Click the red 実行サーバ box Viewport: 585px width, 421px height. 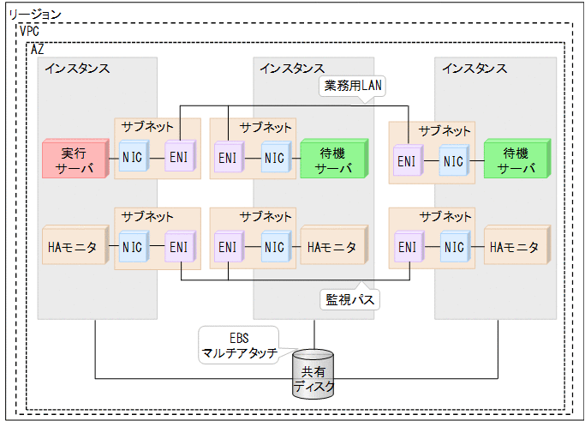pyautogui.click(x=73, y=159)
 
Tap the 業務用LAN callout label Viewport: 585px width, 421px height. pyautogui.click(x=351, y=87)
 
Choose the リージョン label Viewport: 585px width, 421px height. pyautogui.click(x=33, y=14)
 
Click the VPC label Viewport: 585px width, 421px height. pyautogui.click(x=31, y=31)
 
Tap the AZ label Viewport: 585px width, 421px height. pyautogui.click(x=37, y=49)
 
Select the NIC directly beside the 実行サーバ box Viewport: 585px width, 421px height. pyautogui.click(x=133, y=159)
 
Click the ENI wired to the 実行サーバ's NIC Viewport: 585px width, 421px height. pyautogui.click(x=179, y=159)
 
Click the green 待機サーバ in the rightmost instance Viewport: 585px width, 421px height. pyautogui.click(x=516, y=160)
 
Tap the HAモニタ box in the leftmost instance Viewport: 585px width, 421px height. pyautogui.click(x=75, y=248)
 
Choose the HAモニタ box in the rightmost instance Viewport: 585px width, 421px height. pyautogui.click(x=516, y=248)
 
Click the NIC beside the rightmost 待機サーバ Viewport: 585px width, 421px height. pyautogui.click(x=454, y=160)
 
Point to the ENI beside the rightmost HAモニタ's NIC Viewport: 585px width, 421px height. pyautogui.click(x=408, y=248)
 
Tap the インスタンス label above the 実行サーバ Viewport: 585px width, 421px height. pyautogui.click(x=78, y=69)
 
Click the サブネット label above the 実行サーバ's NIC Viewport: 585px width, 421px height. pyautogui.click(x=147, y=127)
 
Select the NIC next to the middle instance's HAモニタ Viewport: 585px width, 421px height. pyautogui.click(x=274, y=248)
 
